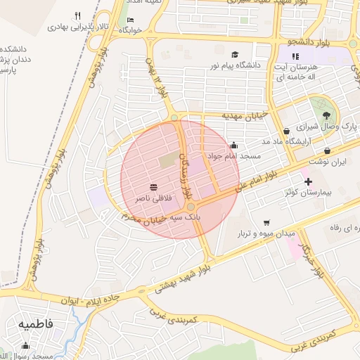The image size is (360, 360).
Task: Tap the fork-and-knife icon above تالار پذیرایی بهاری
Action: [77, 16]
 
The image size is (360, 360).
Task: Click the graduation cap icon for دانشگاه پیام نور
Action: [235, 54]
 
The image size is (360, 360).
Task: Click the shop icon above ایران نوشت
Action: [328, 150]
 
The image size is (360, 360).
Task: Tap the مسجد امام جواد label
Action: [234, 155]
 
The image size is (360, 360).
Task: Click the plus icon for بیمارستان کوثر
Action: [308, 181]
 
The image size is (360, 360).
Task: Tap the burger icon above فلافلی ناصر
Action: [153, 187]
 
